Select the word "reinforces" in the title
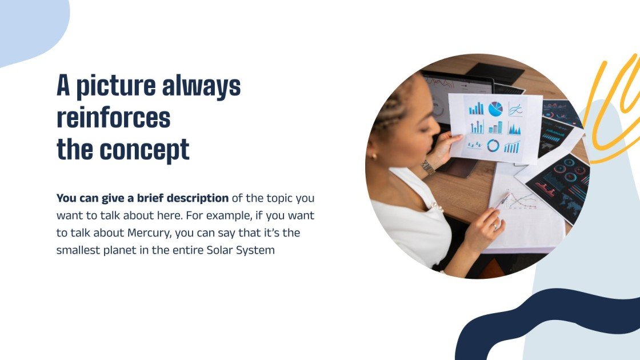[113, 118]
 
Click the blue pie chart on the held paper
[495, 109]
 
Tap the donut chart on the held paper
[493, 146]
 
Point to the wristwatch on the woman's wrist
[427, 167]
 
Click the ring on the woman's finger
[494, 226]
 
